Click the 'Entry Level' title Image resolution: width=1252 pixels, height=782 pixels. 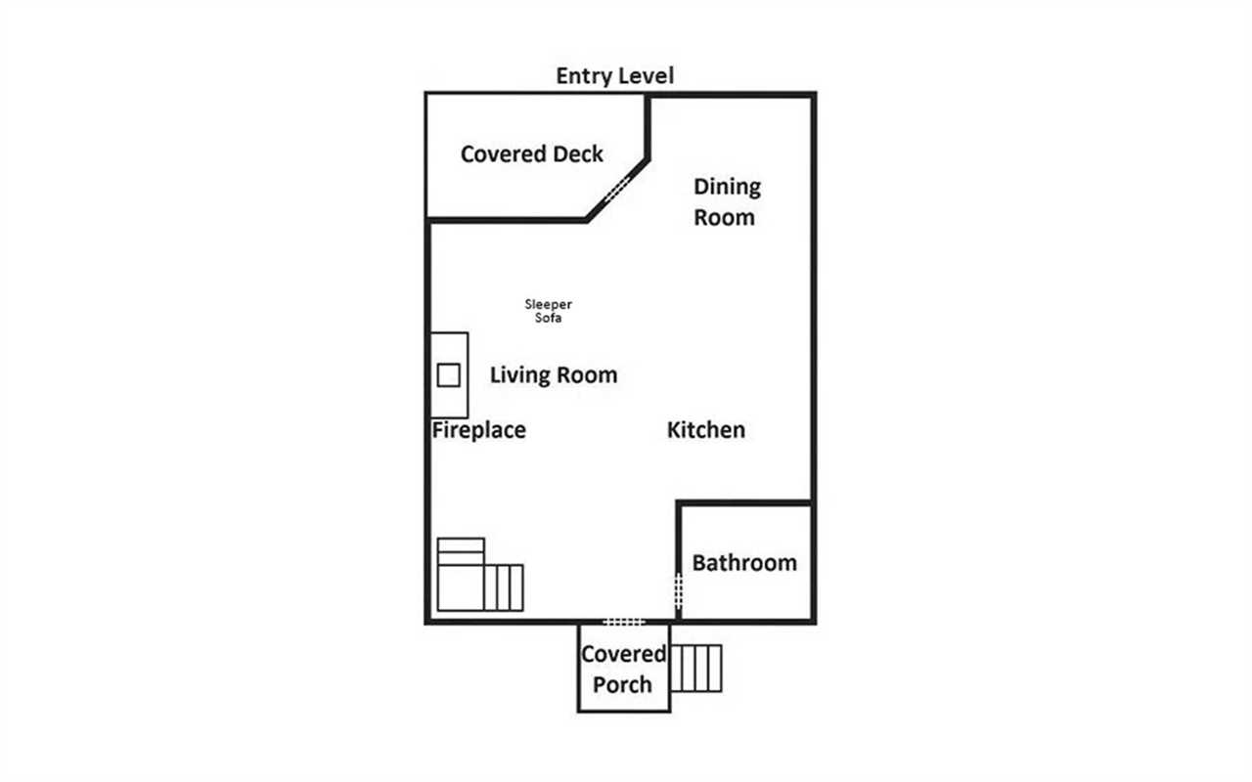click(615, 76)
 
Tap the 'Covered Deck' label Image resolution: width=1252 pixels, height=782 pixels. click(531, 154)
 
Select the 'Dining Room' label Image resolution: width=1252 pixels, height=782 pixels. click(727, 201)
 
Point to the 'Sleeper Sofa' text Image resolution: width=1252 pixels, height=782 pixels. click(548, 311)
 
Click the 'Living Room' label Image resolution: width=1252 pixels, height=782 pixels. click(554, 374)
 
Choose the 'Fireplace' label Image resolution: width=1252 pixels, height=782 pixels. click(479, 430)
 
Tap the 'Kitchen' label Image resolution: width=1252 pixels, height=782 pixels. click(706, 430)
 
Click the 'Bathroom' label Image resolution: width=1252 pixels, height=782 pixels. click(744, 563)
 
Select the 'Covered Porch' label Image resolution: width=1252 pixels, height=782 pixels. click(623, 670)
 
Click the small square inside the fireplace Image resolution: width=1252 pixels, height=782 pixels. click(448, 375)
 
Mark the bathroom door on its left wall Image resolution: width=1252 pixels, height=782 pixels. click(679, 591)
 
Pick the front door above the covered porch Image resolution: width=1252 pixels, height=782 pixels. click(624, 622)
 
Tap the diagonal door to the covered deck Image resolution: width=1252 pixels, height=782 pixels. click(617, 189)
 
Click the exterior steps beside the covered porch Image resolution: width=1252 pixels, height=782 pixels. click(695, 669)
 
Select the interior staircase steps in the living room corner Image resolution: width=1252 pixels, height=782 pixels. click(503, 587)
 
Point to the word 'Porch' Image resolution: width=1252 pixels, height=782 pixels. click(622, 685)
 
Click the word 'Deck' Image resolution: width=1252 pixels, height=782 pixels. click(578, 154)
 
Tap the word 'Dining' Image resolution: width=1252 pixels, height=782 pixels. click(727, 187)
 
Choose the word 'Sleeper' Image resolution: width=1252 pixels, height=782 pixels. click(548, 304)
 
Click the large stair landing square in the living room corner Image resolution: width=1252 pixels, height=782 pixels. click(460, 587)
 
